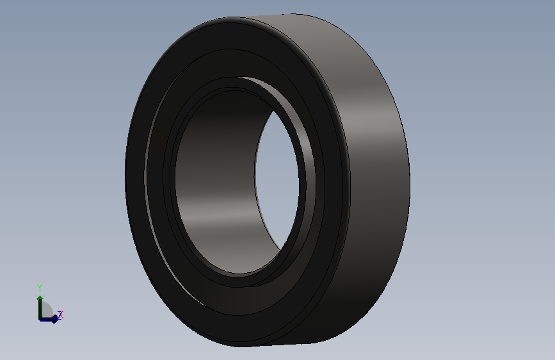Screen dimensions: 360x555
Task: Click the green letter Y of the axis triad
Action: pos(40,288)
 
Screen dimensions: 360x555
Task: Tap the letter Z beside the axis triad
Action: pos(60,315)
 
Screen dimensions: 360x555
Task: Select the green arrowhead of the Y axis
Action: pos(40,298)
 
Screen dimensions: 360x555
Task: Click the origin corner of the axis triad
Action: pos(40,319)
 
